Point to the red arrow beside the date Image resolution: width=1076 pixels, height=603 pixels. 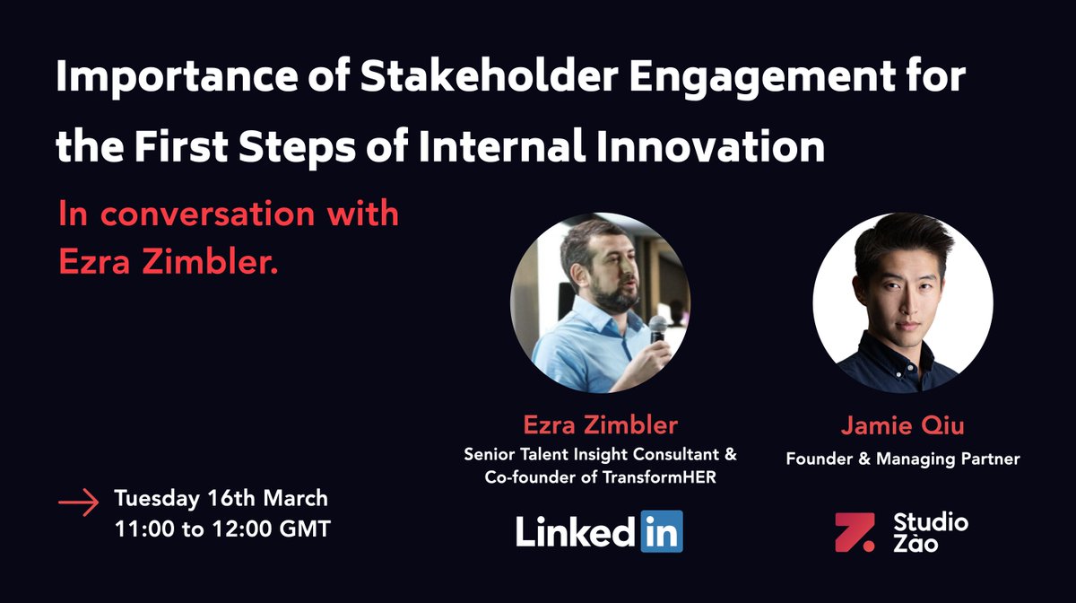point(78,503)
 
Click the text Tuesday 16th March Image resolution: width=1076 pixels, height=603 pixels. point(221,498)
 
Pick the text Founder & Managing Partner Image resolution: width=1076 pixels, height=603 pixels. point(903,459)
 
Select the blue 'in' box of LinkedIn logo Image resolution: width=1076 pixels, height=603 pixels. point(661,531)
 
